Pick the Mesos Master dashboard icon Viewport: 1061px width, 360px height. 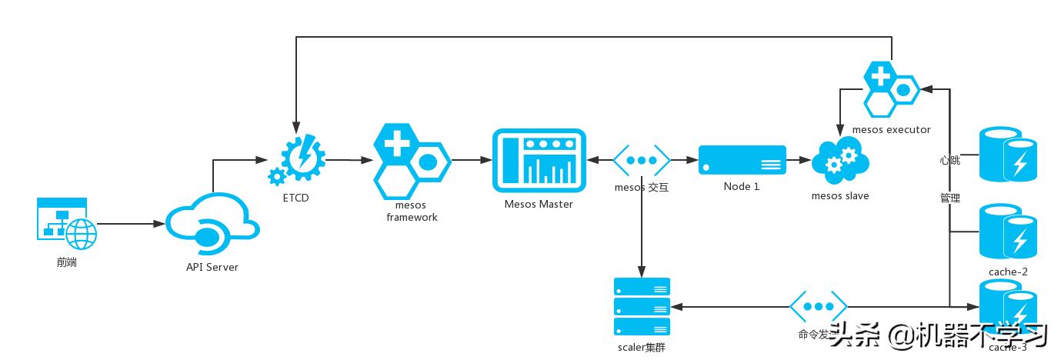tap(539, 161)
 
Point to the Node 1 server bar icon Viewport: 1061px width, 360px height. tap(742, 160)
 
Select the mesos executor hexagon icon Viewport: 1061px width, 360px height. tap(891, 89)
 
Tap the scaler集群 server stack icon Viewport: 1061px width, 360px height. tap(642, 307)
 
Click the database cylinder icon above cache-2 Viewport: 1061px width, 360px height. tap(1007, 232)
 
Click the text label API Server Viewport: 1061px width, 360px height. tap(212, 268)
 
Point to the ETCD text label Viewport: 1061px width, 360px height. tap(295, 198)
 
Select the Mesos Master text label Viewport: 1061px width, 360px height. tap(539, 204)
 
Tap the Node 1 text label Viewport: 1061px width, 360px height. tap(742, 187)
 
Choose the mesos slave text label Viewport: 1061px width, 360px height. tap(840, 196)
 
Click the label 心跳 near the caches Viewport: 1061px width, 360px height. tap(949, 161)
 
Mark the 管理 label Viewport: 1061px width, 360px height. tap(949, 198)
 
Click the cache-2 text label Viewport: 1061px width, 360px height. tap(1008, 272)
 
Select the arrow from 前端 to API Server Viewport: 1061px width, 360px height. tap(131, 224)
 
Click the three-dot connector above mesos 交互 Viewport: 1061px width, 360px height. tap(641, 161)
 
